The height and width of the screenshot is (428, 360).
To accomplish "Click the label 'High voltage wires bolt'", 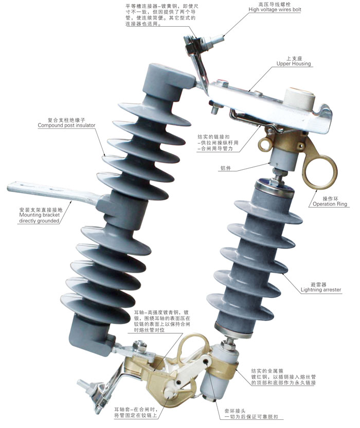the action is point(275,10).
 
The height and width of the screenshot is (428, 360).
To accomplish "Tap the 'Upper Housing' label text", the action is point(294,64).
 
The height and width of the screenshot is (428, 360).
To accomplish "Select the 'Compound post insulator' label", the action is point(66,126).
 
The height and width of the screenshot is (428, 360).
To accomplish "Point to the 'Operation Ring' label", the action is point(330,204).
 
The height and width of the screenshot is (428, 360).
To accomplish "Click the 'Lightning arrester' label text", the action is point(321,290).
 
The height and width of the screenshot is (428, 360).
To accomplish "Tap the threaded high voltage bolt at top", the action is point(214,42).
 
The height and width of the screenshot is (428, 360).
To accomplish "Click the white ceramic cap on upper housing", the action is point(299,99).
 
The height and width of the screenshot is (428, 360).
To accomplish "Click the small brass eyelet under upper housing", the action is point(265,144).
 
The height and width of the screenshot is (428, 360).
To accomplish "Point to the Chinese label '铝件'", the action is point(225,168).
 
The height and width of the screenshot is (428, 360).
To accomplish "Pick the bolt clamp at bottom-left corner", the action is point(94,394).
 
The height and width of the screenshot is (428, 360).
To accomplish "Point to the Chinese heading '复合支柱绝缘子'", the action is point(66,120).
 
